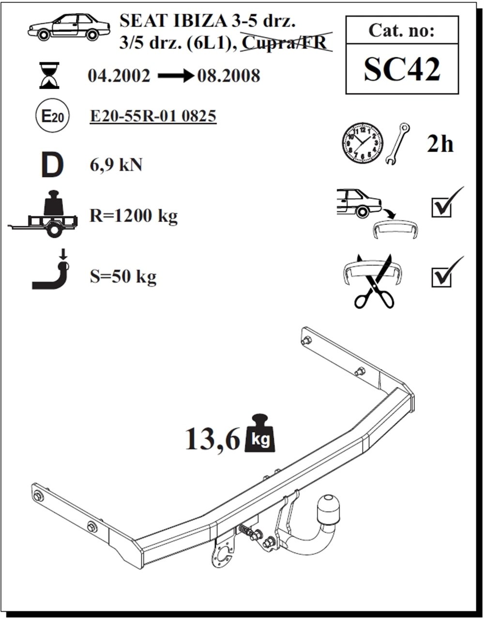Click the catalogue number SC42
pyautogui.click(x=402, y=70)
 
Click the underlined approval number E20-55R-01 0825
pyautogui.click(x=153, y=117)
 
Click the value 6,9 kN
pyautogui.click(x=116, y=165)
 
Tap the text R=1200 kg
pyautogui.click(x=134, y=216)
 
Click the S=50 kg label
pyautogui.click(x=123, y=277)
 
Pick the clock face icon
pyautogui.click(x=362, y=144)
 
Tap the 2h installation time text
pyautogui.click(x=440, y=144)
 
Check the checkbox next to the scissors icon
pyautogui.click(x=441, y=277)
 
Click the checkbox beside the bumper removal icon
pyautogui.click(x=441, y=207)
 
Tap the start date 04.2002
pyautogui.click(x=119, y=76)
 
